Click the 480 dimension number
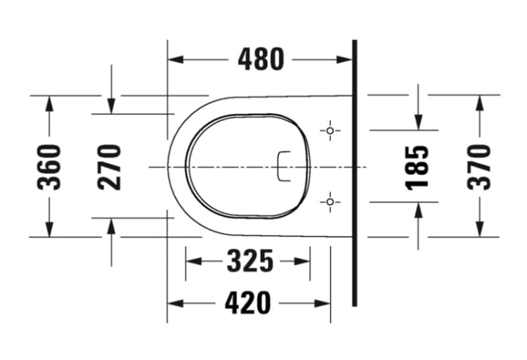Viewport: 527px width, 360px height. (x=261, y=60)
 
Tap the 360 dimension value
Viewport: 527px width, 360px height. (x=49, y=167)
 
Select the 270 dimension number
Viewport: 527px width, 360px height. (x=109, y=167)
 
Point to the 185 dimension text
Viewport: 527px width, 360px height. (x=417, y=168)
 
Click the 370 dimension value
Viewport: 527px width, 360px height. (x=479, y=167)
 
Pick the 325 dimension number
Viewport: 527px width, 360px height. (x=250, y=261)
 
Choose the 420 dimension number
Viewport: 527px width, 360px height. (x=248, y=303)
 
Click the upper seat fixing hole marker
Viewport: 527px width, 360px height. (x=330, y=131)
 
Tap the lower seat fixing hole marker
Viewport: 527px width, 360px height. (x=330, y=202)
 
